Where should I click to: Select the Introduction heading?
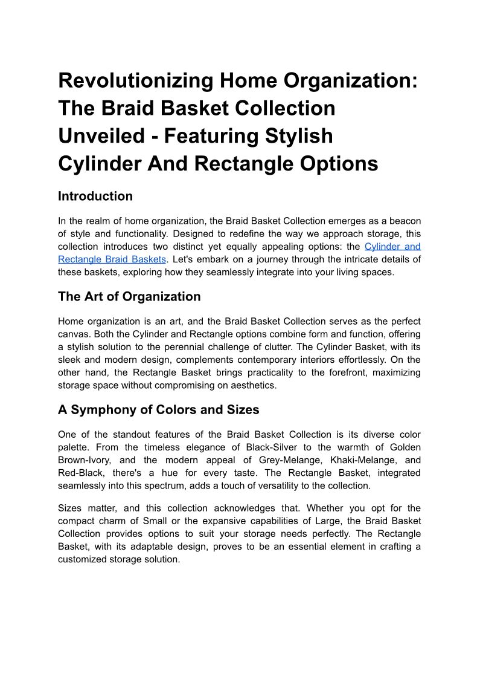tap(95, 196)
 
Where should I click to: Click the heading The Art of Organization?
tap(129, 296)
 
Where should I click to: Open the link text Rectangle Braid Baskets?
tap(112, 259)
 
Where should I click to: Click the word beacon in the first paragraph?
tap(403, 221)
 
